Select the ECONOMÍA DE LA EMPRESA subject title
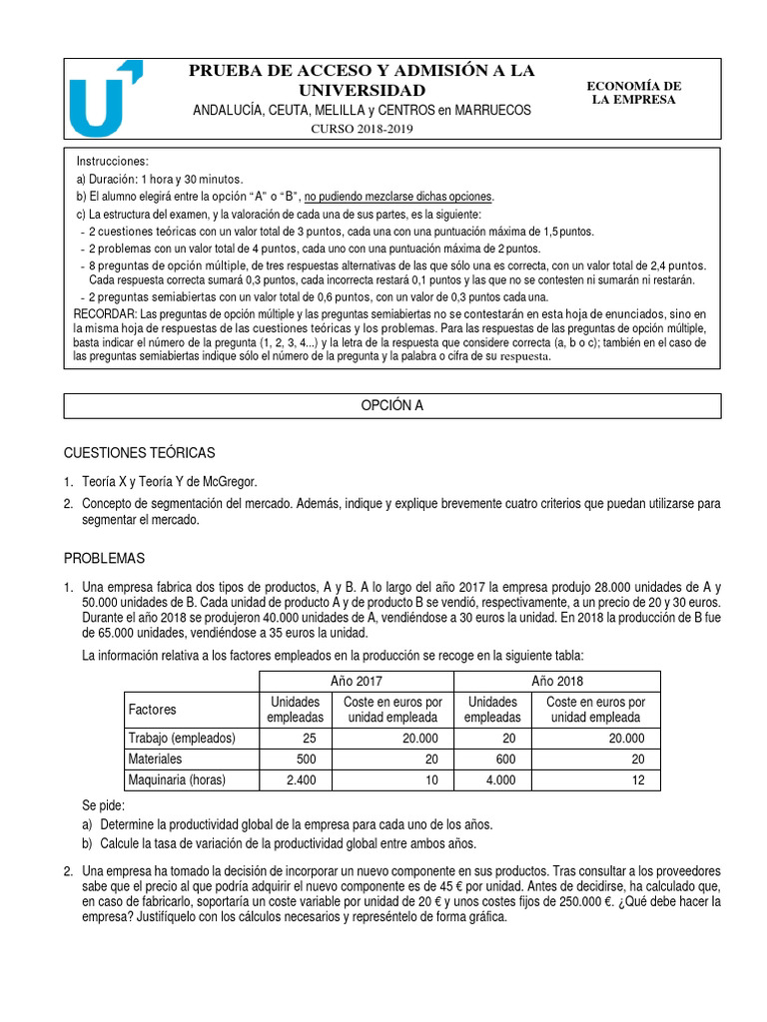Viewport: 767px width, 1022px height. (633, 93)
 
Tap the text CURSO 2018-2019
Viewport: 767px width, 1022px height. (361, 129)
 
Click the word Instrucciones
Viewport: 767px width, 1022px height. (112, 161)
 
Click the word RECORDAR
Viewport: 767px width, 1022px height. (109, 313)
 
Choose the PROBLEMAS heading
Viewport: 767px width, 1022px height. (105, 558)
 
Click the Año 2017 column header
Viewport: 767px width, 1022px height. (357, 680)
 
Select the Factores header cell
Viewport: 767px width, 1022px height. (153, 709)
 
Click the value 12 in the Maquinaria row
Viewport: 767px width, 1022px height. (636, 780)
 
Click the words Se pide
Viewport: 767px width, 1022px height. (105, 804)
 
